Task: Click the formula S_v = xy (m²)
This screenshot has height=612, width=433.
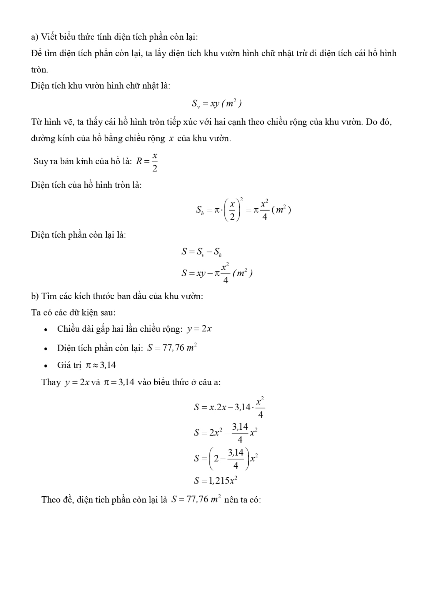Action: [x=217, y=104]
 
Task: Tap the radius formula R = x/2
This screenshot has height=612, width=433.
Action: [x=147, y=162]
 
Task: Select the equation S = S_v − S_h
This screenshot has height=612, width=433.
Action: [x=201, y=252]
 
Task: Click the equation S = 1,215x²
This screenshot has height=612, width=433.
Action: [x=216, y=481]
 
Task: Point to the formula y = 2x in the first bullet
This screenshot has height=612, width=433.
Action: [x=199, y=329]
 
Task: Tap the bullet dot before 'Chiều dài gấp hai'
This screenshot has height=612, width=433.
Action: [x=46, y=330]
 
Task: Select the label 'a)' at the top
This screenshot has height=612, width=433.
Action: [x=35, y=37]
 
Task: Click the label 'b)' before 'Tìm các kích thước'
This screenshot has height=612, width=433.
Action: [x=35, y=296]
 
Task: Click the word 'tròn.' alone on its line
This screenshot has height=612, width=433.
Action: [x=40, y=70]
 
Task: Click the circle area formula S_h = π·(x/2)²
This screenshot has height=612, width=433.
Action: [x=243, y=210]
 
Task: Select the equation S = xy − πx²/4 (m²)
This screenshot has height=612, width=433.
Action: [x=217, y=273]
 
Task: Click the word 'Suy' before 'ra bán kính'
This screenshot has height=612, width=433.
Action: [x=40, y=161]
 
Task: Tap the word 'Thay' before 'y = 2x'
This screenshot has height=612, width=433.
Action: [x=51, y=382]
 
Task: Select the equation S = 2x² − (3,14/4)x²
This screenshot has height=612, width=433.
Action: [x=226, y=433]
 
